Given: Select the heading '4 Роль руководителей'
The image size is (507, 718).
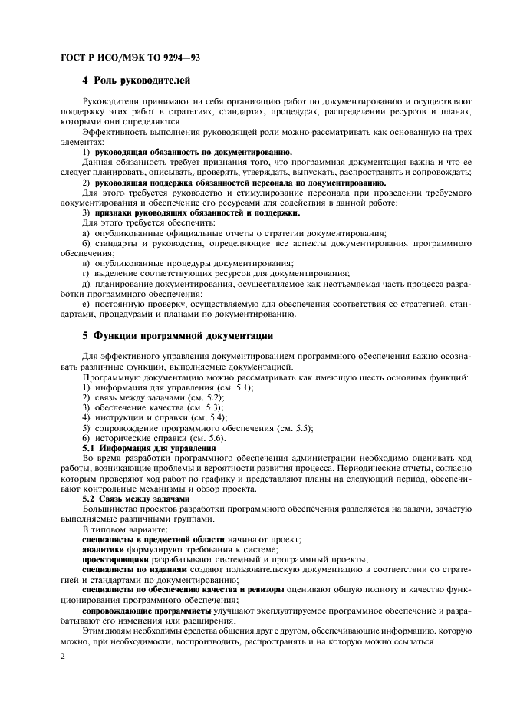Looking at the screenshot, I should (136, 81).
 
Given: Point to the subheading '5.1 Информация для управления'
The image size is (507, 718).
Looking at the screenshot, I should (138, 447).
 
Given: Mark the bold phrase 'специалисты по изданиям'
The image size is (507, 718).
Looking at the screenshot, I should (133, 570).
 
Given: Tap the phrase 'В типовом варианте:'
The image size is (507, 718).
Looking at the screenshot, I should (123, 529).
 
